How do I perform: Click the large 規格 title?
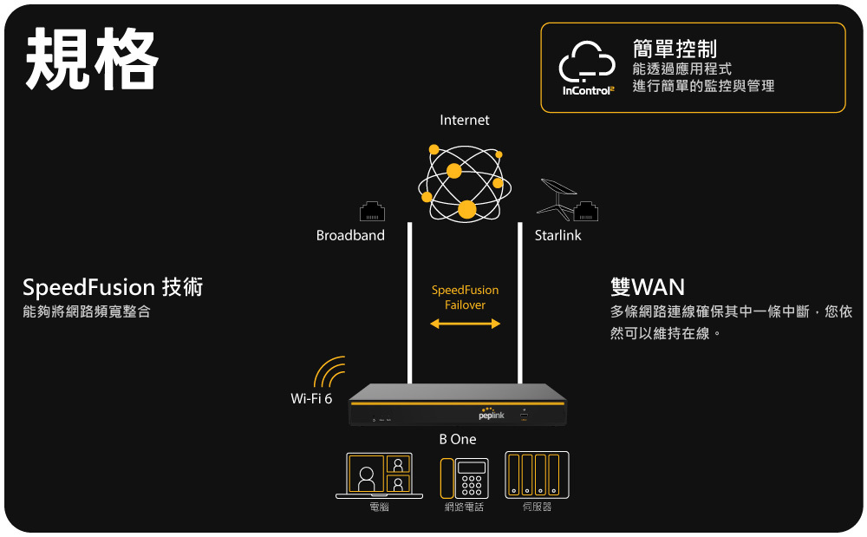tap(92, 60)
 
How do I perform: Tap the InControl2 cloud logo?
tap(587, 63)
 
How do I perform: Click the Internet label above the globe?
tap(465, 120)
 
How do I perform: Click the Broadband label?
tap(350, 235)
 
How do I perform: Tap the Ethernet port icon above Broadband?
tap(372, 211)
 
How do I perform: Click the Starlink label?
tap(557, 235)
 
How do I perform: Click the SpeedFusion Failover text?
tap(466, 298)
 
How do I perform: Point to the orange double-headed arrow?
tap(466, 324)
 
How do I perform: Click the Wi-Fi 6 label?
tap(311, 398)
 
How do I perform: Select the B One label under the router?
tap(458, 440)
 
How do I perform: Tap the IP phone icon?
tap(464, 477)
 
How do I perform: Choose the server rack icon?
tap(537, 475)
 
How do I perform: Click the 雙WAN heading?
tap(647, 286)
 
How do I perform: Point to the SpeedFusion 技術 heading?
tap(113, 287)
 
